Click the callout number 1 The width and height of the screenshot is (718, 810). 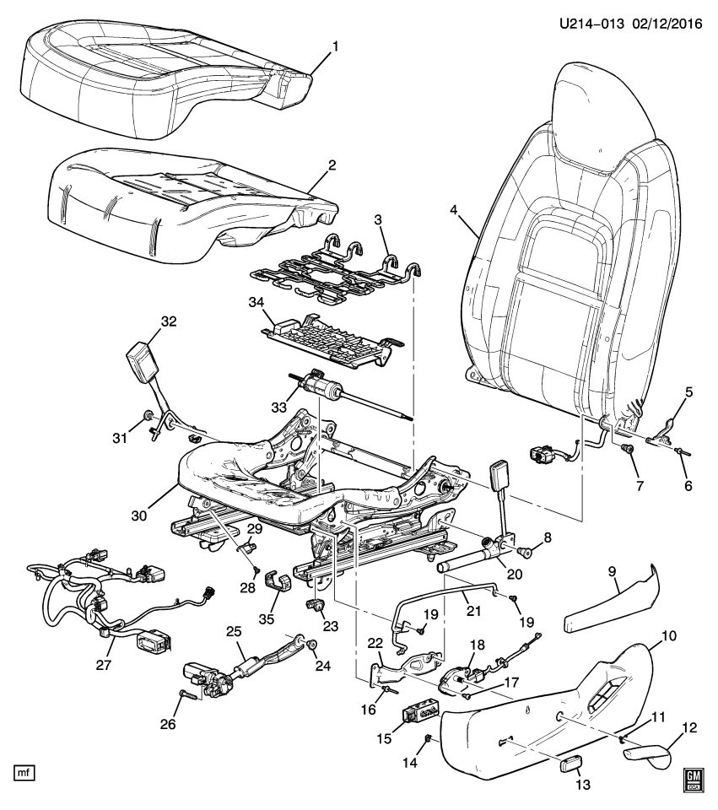point(334,47)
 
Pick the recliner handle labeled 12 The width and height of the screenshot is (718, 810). point(648,750)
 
